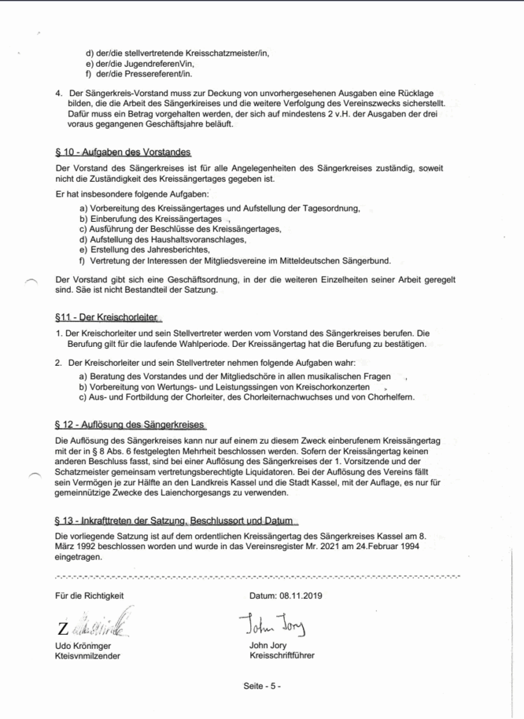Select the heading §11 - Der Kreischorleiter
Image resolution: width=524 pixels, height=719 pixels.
tap(106, 317)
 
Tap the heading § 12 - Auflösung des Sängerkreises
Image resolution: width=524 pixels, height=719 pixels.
tap(129, 425)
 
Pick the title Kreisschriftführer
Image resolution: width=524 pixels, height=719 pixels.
tap(281, 656)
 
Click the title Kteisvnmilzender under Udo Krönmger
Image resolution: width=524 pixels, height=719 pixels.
tap(87, 656)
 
